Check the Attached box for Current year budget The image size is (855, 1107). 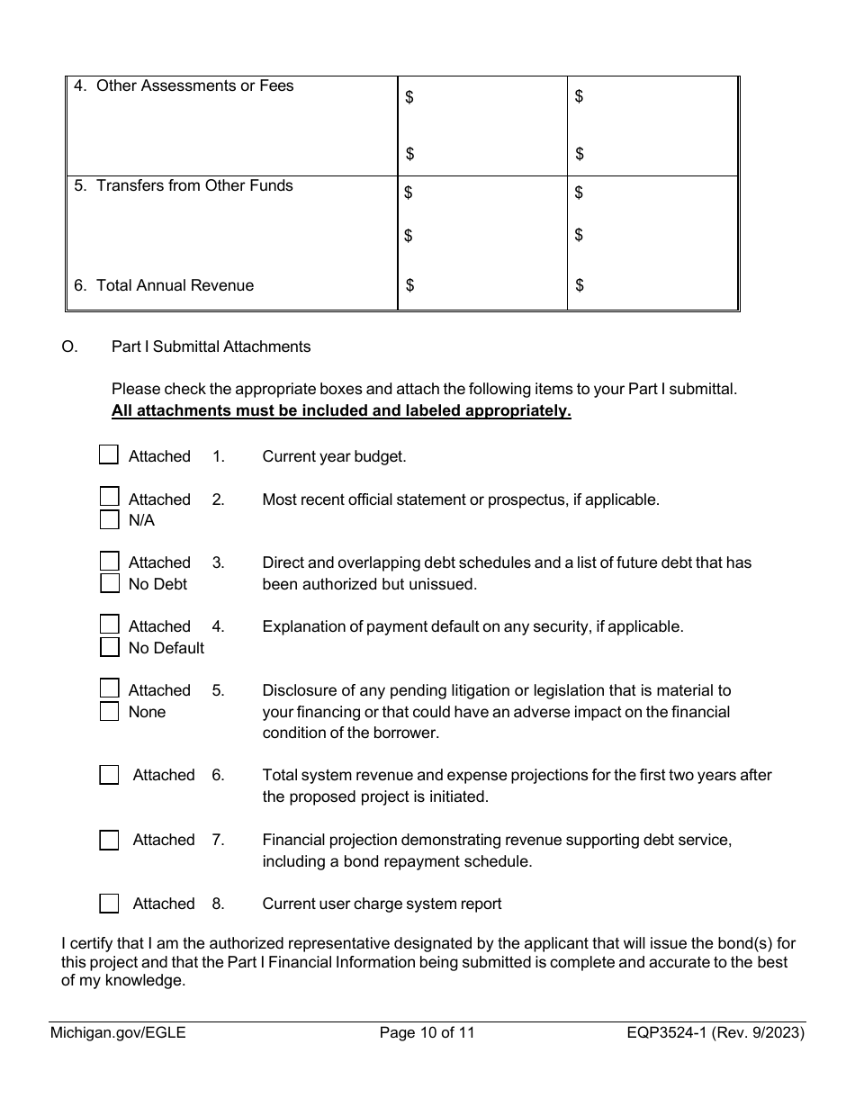[109, 454]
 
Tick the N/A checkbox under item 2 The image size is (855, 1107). [109, 519]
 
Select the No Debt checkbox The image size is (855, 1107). [109, 583]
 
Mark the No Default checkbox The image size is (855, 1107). [109, 647]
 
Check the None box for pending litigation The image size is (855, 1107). [109, 711]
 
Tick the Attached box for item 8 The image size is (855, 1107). [109, 903]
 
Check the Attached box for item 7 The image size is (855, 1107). [109, 840]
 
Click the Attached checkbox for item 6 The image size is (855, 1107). [109, 775]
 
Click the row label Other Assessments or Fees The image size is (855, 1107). [194, 86]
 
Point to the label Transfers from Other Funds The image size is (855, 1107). [194, 185]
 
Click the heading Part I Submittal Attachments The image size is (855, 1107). [211, 346]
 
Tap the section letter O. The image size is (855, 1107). [69, 346]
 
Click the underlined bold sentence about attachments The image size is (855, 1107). [341, 411]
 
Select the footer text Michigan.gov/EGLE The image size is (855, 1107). [118, 1033]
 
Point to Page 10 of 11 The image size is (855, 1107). [427, 1033]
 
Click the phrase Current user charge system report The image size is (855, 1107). [382, 904]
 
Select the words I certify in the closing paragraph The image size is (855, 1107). [88, 944]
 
